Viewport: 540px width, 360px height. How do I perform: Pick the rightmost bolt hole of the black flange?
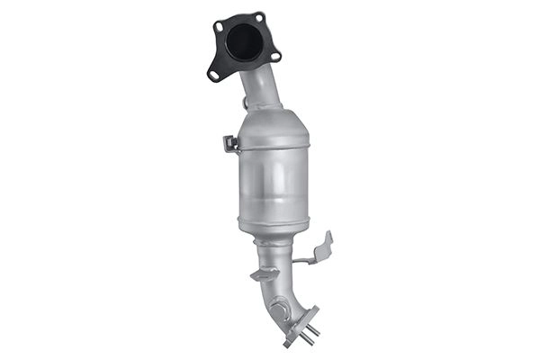275,56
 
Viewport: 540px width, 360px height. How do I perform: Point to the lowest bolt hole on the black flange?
215,75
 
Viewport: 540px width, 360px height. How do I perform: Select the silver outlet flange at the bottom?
301,324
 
